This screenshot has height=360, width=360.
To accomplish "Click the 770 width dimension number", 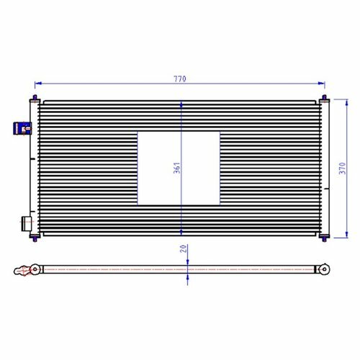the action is click(x=180, y=78).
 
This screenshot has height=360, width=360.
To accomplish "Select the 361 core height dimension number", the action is click(x=177, y=168).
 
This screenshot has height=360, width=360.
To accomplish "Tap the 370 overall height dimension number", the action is click(x=343, y=168).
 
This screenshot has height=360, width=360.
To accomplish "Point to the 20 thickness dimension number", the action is click(x=184, y=248).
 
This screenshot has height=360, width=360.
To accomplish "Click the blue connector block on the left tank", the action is click(x=22, y=128).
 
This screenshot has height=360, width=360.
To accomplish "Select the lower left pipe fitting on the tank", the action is click(x=26, y=224).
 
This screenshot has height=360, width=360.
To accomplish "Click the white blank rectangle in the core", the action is click(x=179, y=168).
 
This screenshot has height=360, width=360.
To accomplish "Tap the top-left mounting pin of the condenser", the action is click(x=35, y=98).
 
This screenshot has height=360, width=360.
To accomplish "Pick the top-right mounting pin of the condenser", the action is click(x=324, y=98).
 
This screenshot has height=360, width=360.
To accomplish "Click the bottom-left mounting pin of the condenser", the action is click(x=35, y=238).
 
